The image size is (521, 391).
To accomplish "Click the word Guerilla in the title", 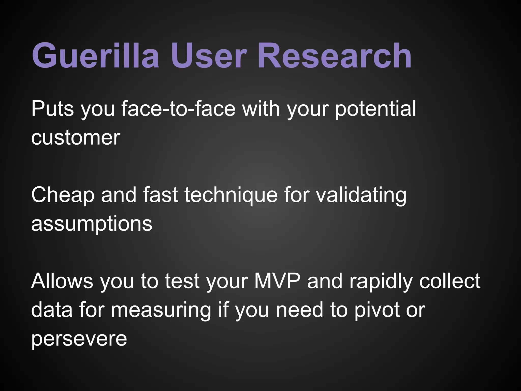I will [x=95, y=55].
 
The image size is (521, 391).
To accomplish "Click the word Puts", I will [x=52, y=109].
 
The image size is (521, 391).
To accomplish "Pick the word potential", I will [x=375, y=109].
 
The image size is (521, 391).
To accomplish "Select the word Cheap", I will [x=63, y=195].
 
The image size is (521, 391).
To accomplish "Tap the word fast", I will [x=160, y=195].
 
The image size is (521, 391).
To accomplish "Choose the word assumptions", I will [x=92, y=224].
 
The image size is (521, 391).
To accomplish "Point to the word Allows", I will [x=62, y=281].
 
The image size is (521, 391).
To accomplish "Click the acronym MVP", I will [x=277, y=281].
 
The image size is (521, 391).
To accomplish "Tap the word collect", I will [x=450, y=281].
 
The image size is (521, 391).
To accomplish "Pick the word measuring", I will [x=161, y=310].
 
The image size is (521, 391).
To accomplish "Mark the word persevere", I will [x=79, y=339].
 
